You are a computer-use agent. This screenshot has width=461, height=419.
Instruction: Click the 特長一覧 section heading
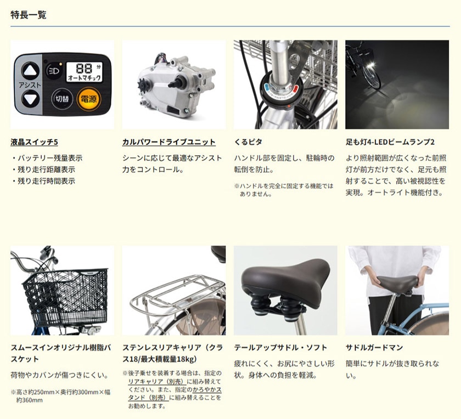tap(29, 15)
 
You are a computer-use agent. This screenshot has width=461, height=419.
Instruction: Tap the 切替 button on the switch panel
tap(62, 99)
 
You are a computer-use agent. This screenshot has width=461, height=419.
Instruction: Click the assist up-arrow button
tap(30, 71)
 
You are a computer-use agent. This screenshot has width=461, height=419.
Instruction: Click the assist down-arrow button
tap(30, 99)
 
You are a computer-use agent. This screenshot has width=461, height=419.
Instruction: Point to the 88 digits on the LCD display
tap(85, 68)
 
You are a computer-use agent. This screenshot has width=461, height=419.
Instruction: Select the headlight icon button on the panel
tap(54, 71)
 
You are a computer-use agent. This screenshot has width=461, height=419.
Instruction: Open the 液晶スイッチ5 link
tap(34, 142)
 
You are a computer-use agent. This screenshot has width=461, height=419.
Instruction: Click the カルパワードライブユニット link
tap(169, 142)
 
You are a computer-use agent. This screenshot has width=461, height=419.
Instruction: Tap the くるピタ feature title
tap(248, 142)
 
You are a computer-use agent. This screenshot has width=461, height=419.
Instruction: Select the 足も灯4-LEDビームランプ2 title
tap(390, 142)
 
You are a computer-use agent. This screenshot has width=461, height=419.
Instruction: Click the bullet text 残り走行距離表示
tap(47, 169)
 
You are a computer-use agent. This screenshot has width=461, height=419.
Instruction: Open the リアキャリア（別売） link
tap(157, 381)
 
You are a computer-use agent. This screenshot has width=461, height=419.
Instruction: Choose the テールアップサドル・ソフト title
tap(280, 348)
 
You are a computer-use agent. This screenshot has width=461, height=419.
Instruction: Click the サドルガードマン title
tap(374, 348)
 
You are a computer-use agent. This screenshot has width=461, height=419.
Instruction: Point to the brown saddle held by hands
tap(397, 281)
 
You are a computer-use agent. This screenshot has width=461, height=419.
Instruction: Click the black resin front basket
tap(65, 297)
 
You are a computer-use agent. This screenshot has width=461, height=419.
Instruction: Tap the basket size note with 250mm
tap(60, 396)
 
